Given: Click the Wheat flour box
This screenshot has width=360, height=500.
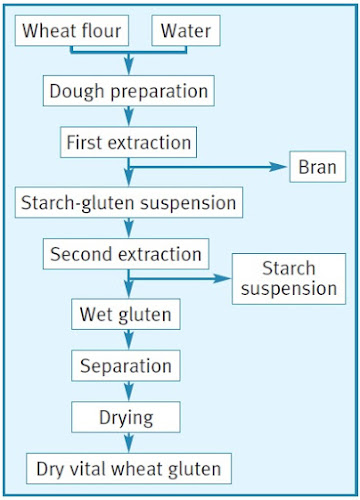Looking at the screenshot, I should (x=72, y=32).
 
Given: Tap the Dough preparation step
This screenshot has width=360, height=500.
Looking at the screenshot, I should (x=128, y=90).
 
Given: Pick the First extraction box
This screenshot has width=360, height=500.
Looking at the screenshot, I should (x=128, y=141).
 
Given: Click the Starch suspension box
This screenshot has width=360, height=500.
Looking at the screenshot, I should (x=287, y=279).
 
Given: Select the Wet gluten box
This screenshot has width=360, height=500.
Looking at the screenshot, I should (x=126, y=316).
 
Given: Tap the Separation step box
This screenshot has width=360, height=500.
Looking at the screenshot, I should (x=126, y=365).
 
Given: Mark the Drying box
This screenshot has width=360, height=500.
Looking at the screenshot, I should (x=126, y=414).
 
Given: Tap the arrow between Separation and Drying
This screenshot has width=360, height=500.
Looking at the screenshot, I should (x=127, y=390).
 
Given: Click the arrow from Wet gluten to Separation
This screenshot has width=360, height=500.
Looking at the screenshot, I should (x=127, y=341).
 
